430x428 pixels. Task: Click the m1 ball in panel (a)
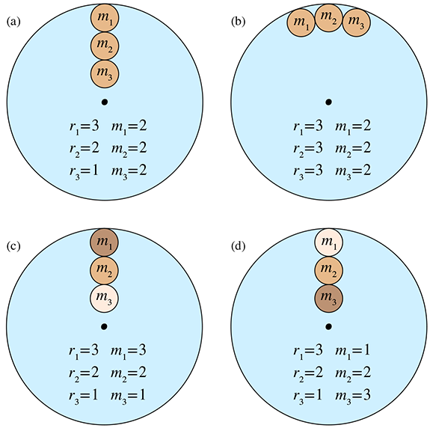(105, 18)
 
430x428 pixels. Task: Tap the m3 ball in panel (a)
(105, 74)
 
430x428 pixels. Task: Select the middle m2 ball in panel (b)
(328, 18)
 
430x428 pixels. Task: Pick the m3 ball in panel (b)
(356, 22)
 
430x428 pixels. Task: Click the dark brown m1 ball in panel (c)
(104, 242)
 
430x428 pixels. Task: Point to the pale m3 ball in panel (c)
(104, 299)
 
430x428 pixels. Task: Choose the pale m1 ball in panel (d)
(328, 242)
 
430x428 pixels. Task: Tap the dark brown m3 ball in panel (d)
(328, 299)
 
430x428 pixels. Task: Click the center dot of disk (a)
(105, 102)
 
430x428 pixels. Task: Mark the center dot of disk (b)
(328, 102)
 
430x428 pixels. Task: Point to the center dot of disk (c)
(104, 326)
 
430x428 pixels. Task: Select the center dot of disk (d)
(328, 326)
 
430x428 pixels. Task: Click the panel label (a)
(13, 22)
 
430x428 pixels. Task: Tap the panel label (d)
(238, 246)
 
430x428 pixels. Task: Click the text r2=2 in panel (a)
(84, 149)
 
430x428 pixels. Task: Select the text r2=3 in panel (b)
(308, 149)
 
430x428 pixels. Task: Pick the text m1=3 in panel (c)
(129, 352)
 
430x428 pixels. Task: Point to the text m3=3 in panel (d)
(353, 396)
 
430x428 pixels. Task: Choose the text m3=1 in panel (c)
(129, 396)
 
